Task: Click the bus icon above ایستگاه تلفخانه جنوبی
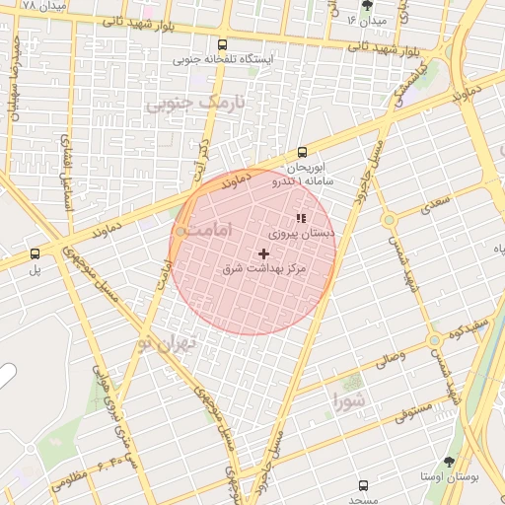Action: (x=222, y=44)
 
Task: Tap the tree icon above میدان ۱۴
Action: (x=367, y=5)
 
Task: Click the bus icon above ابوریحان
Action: (x=302, y=153)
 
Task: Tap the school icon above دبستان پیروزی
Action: (x=301, y=218)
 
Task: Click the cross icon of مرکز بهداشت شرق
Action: (x=262, y=253)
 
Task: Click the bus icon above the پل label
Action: (x=36, y=253)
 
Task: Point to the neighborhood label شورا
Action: (x=349, y=400)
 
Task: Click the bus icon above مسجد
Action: (x=363, y=485)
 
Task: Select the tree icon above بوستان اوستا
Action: (x=450, y=462)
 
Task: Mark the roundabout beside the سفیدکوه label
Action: (x=433, y=340)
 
